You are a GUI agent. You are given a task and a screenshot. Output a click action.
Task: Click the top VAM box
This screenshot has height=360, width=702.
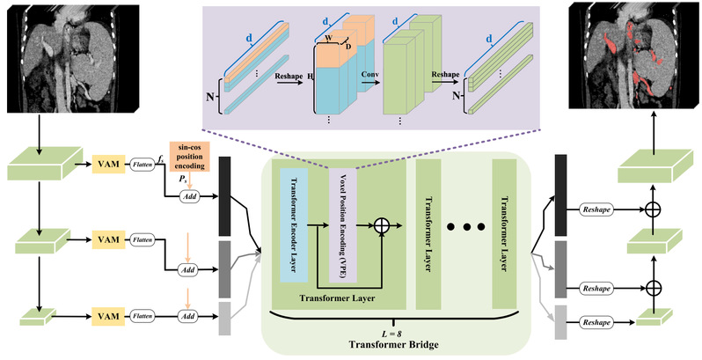(112, 162)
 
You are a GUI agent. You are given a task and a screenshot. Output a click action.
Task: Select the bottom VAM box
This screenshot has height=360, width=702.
(112, 314)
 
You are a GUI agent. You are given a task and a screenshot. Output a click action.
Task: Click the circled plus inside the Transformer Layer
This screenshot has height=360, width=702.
(381, 226)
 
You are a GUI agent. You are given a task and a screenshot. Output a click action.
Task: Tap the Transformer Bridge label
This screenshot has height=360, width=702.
(381, 346)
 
